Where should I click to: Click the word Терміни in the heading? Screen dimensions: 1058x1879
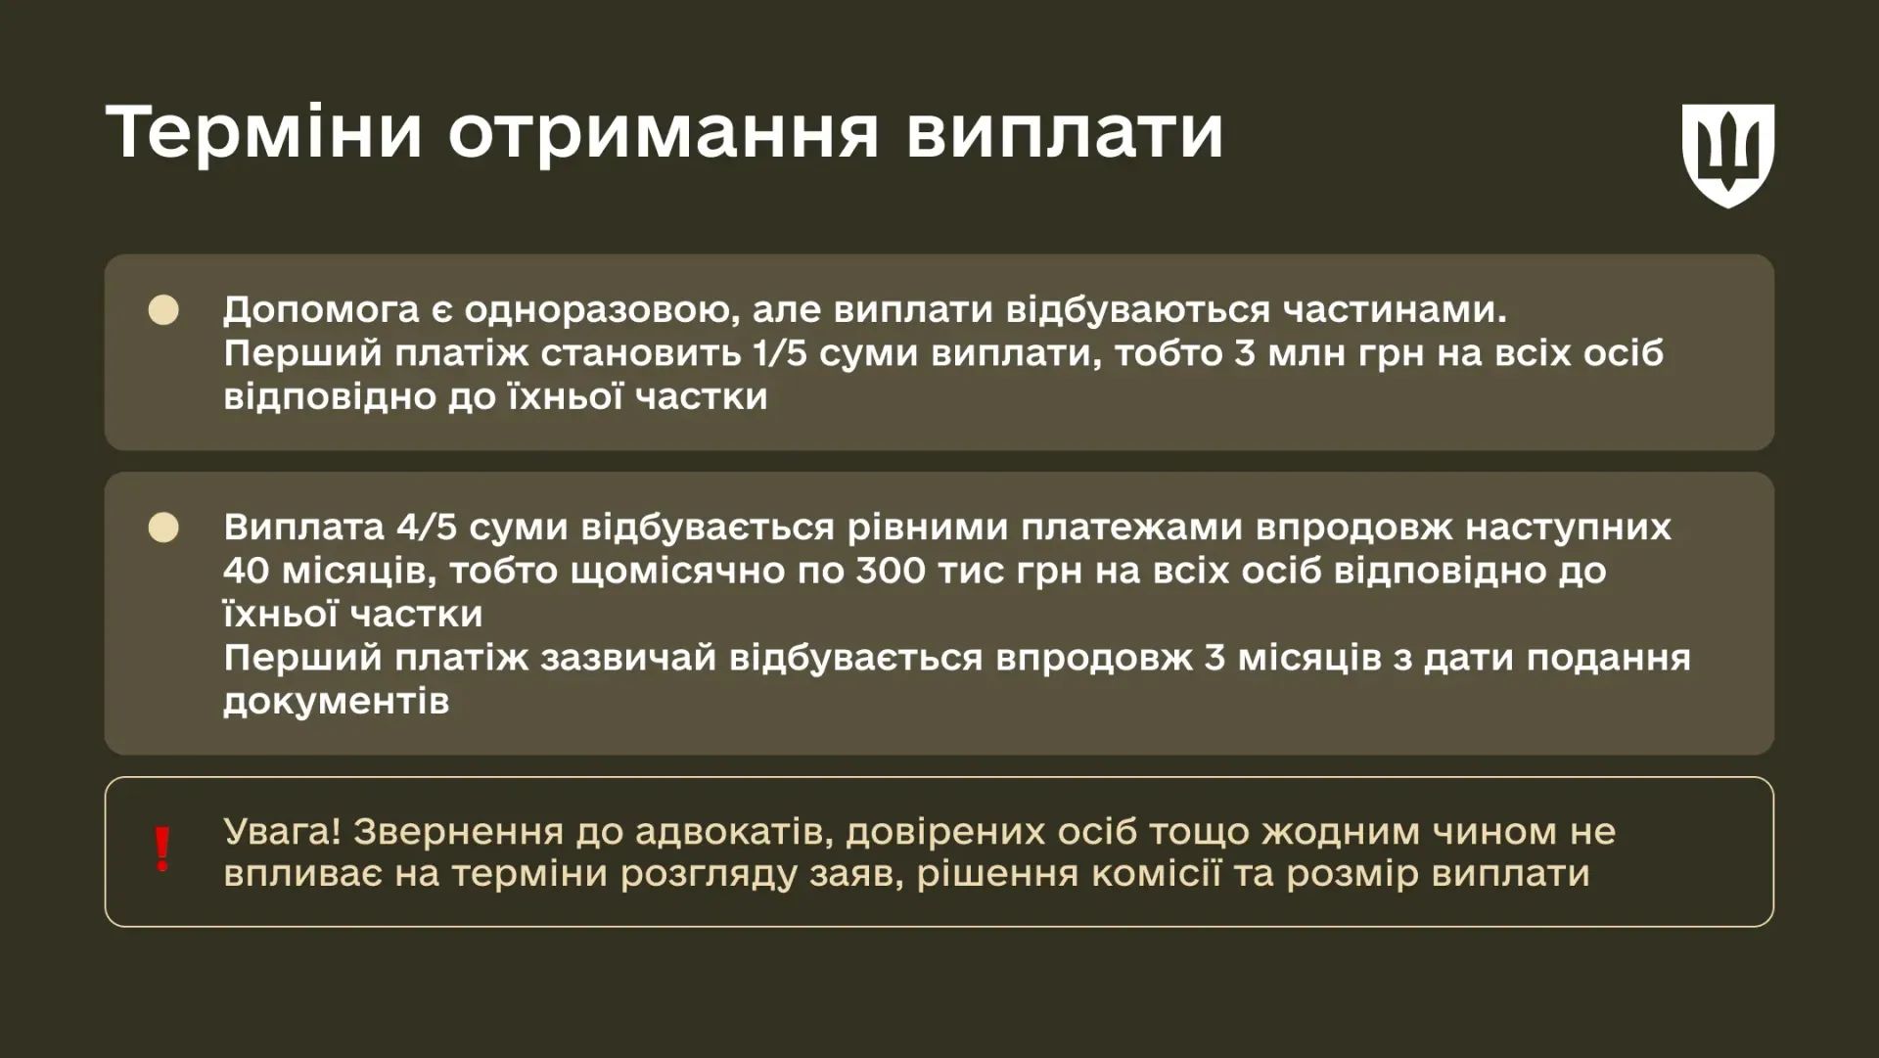point(264,131)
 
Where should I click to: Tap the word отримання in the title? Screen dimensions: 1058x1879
point(664,133)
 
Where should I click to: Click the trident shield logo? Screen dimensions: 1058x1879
point(1727,154)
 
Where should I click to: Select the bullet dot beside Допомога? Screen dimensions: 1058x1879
point(163,310)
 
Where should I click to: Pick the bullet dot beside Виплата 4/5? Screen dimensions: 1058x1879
point(163,528)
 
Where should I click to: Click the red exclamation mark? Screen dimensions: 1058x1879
point(162,849)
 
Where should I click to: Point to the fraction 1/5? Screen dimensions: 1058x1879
point(779,352)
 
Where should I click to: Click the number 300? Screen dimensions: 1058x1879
point(890,570)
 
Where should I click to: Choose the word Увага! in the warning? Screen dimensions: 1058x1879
point(282,831)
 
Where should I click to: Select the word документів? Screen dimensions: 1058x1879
point(336,701)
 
